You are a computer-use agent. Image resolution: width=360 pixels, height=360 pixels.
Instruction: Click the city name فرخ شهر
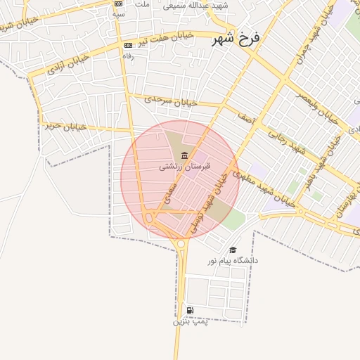[x=236, y=39]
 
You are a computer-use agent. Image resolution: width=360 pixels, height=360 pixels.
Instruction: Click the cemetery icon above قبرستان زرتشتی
[x=184, y=155]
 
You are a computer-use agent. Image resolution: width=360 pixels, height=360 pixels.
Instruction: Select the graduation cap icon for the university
[x=233, y=250]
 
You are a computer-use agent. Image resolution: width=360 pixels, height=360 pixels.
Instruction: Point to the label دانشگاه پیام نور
[x=233, y=261]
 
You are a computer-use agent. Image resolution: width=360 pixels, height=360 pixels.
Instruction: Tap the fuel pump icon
[x=190, y=311]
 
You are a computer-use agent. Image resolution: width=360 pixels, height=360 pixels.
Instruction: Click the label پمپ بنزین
[x=190, y=322]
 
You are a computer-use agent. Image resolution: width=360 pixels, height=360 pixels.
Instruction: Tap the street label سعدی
[x=169, y=196]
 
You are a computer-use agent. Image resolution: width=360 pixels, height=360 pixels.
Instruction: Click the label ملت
[x=142, y=4]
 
